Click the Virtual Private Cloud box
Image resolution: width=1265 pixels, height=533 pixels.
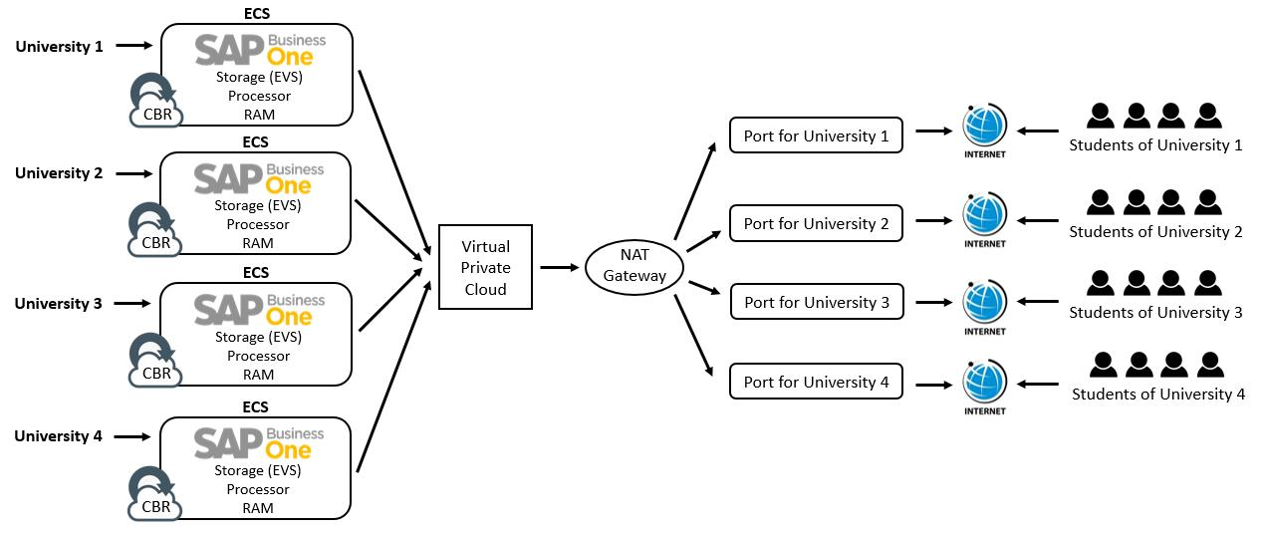click(x=485, y=268)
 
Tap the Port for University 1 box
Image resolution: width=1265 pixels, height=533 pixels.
click(x=816, y=135)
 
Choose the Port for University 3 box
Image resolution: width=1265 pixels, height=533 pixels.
click(x=816, y=302)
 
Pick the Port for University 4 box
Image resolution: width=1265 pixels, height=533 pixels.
click(x=816, y=382)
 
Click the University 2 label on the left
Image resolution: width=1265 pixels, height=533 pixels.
click(x=59, y=173)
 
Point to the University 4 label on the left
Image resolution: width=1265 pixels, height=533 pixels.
click(x=59, y=436)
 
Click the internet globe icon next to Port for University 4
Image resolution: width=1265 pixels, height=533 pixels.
click(x=985, y=382)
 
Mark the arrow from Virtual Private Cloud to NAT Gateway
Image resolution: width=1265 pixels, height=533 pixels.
click(x=561, y=267)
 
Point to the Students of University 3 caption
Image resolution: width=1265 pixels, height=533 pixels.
click(x=1155, y=313)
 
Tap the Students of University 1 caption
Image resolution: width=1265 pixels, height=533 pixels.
click(x=1155, y=145)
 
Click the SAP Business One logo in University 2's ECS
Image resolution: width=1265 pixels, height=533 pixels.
click(x=258, y=178)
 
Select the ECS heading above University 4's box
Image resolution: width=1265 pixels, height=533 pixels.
click(x=256, y=407)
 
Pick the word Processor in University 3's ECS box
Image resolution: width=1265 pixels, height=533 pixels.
click(x=258, y=356)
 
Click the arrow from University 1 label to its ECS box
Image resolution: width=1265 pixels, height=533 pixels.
click(x=133, y=45)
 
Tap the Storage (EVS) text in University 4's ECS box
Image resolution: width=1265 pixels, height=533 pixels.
click(x=258, y=470)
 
